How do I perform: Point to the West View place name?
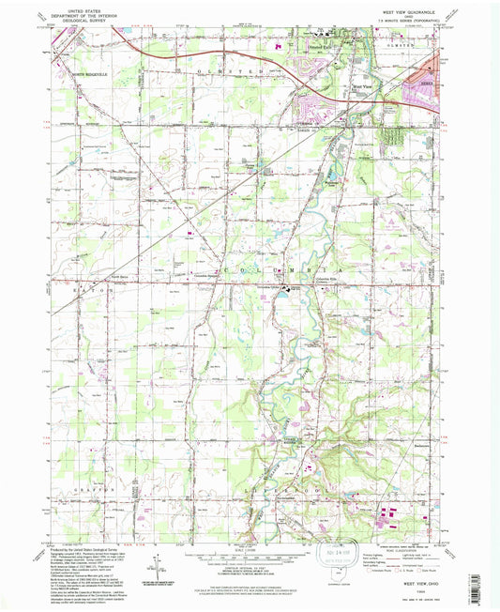pyautogui.click(x=362, y=87)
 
